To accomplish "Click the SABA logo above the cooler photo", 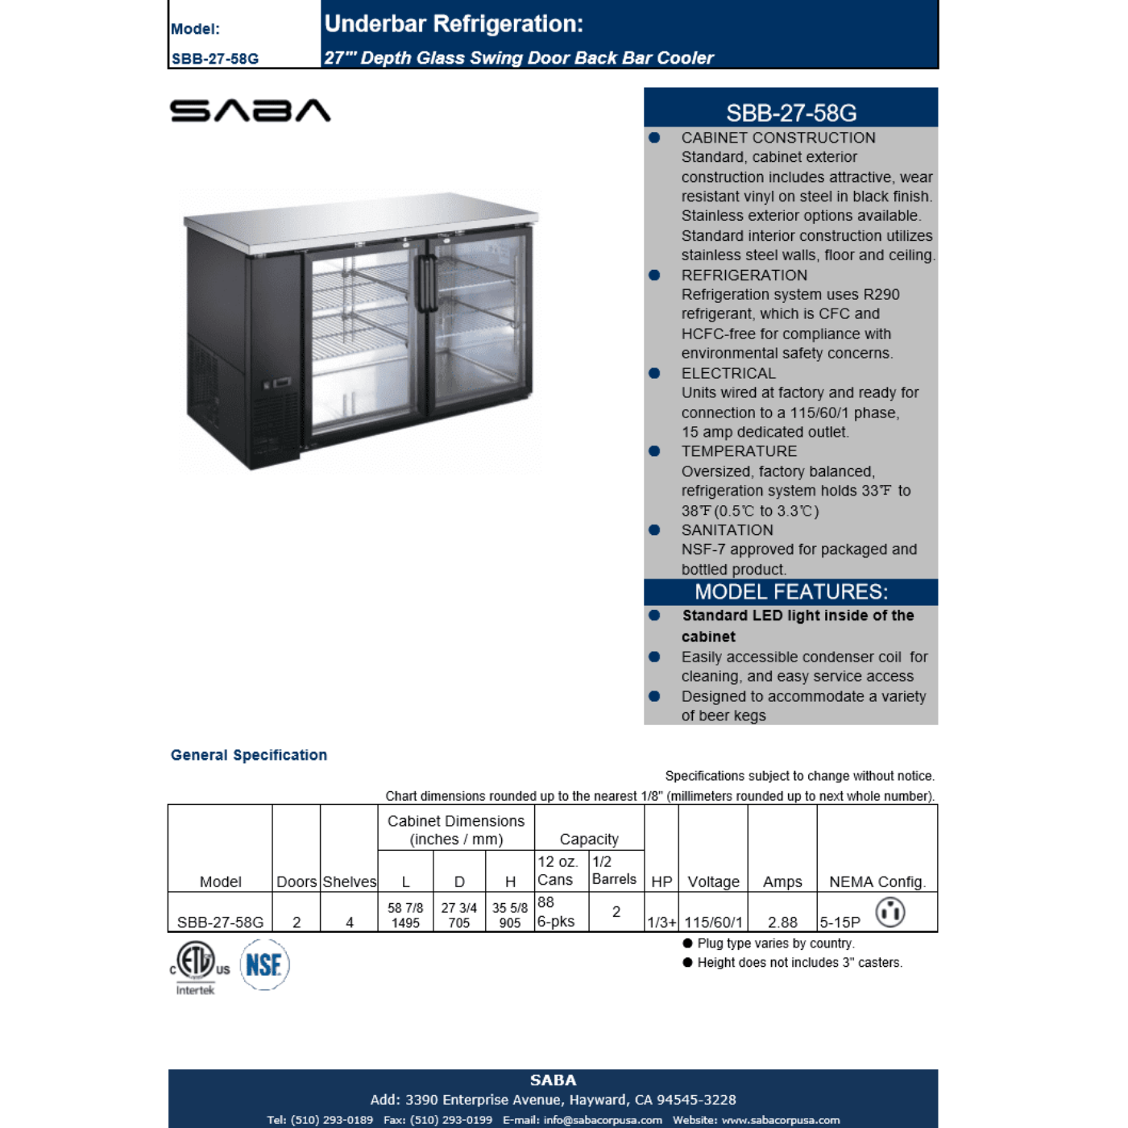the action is [x=250, y=110].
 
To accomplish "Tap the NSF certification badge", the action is [x=264, y=964].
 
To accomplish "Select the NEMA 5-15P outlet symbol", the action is [x=890, y=912].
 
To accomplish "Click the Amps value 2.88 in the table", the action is [x=782, y=922].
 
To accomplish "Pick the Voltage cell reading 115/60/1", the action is [x=713, y=922].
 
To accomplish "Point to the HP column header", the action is [x=661, y=881].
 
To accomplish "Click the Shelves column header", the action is [x=350, y=881].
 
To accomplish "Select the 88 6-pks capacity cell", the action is [x=557, y=911].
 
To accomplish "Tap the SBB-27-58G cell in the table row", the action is [x=220, y=922].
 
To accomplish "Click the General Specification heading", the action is [x=249, y=755].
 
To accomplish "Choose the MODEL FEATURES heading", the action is [x=791, y=592].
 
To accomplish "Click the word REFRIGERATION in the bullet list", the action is [x=744, y=276].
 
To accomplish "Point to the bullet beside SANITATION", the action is [x=654, y=530].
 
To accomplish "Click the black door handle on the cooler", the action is [x=427, y=284].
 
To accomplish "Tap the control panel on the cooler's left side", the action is [x=277, y=383].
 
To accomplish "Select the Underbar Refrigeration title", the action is [x=454, y=24].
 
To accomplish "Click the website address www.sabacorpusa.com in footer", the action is [x=780, y=1120].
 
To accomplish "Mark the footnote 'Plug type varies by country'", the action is [x=775, y=943].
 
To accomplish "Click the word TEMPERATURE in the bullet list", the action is [x=739, y=451].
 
